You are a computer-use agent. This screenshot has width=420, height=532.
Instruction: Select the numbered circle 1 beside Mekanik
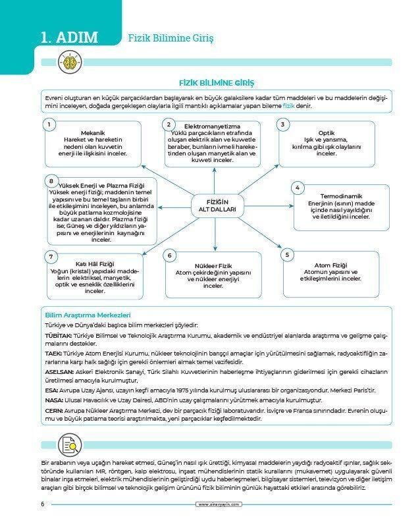[48, 124]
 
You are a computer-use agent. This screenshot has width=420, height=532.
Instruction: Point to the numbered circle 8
[50, 180]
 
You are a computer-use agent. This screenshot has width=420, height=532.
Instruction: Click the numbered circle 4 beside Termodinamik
[297, 188]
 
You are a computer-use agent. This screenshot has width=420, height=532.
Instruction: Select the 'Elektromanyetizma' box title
[212, 126]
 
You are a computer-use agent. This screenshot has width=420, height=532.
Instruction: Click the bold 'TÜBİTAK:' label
[58, 335]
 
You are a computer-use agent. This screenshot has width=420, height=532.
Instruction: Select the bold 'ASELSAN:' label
[59, 372]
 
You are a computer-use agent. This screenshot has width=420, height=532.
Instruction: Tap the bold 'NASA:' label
[53, 400]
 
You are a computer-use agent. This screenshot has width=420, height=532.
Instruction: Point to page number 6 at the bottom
[42, 504]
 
